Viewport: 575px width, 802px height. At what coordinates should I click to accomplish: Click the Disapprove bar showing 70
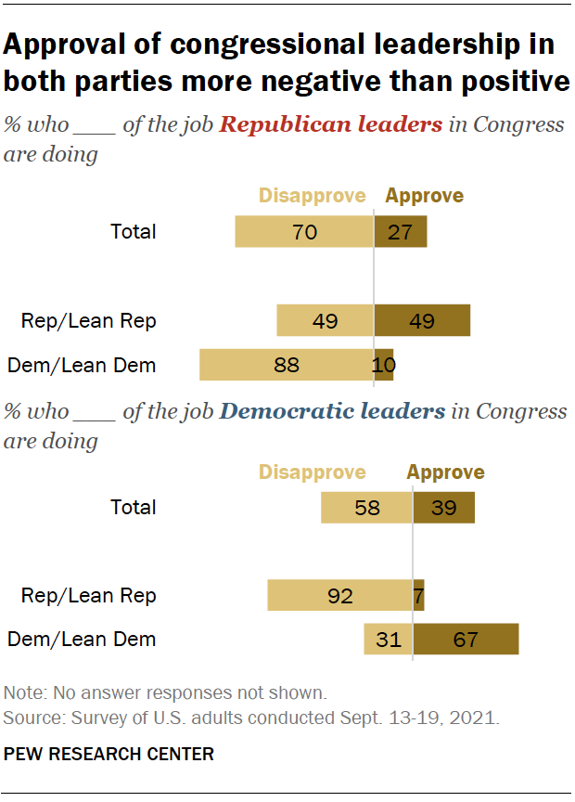click(x=304, y=231)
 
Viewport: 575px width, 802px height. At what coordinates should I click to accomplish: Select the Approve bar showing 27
click(x=401, y=231)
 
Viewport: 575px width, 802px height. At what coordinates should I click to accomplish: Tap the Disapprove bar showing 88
click(x=287, y=365)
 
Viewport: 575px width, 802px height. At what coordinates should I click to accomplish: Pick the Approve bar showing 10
click(x=384, y=365)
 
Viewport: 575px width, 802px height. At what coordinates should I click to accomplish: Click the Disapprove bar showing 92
click(x=340, y=595)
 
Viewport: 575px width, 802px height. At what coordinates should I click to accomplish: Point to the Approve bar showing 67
click(x=466, y=639)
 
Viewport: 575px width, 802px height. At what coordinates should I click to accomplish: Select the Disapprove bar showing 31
click(x=388, y=639)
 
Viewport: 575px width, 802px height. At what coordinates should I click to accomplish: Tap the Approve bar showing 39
click(x=444, y=507)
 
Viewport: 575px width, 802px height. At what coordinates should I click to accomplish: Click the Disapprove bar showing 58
click(x=366, y=507)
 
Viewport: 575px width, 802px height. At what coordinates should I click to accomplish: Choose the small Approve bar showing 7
click(x=418, y=595)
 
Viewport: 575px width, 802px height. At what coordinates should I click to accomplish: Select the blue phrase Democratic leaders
click(x=330, y=410)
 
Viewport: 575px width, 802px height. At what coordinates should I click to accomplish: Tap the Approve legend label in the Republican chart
click(x=424, y=195)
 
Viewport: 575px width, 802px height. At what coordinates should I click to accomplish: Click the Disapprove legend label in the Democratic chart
click(x=312, y=472)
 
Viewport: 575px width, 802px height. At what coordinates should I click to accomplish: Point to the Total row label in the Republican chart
click(x=134, y=231)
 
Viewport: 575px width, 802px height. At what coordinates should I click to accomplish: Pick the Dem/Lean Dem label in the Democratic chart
click(x=82, y=639)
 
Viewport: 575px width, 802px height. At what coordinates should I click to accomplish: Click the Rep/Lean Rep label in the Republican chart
click(x=89, y=321)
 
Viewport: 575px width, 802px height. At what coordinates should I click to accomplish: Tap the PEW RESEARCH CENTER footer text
click(x=109, y=754)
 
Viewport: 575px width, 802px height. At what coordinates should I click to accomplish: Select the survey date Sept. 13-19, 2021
click(x=427, y=718)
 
